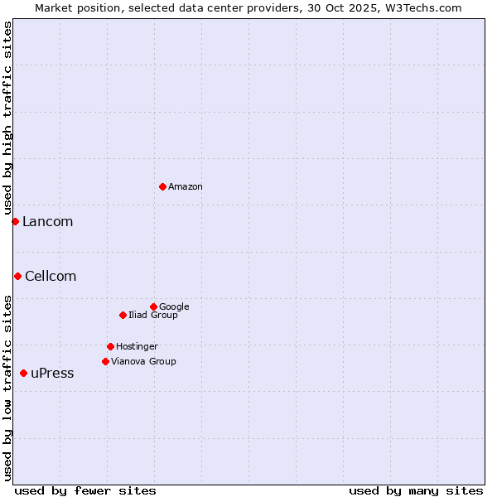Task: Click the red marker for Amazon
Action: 162,186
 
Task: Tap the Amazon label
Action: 186,187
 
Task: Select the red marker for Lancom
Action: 15,221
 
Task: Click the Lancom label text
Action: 47,222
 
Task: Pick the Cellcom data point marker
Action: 17,276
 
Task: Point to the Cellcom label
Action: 51,277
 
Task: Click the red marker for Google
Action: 153,306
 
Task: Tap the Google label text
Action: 174,307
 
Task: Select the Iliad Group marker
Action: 123,315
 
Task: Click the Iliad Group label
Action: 153,316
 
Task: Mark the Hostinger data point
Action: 110,346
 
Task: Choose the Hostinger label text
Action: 137,347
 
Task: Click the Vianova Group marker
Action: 105,361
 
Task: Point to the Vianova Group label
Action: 143,362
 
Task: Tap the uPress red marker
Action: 23,373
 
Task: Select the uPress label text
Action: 52,374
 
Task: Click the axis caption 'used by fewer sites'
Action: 85,490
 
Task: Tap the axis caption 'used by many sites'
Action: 416,490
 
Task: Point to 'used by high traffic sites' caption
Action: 7,118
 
